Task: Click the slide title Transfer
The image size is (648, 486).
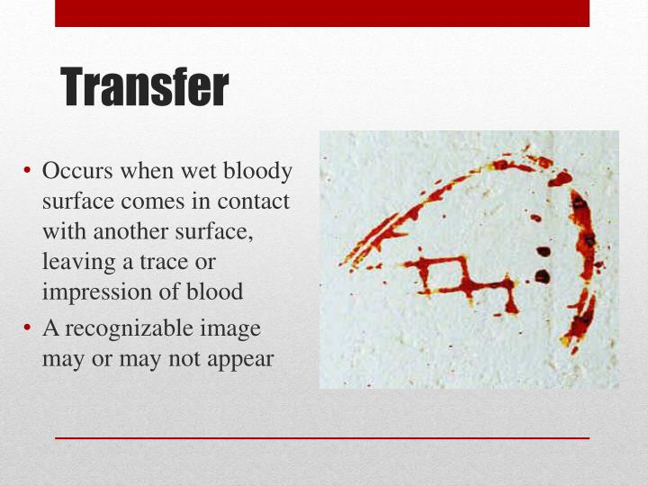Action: coord(145,87)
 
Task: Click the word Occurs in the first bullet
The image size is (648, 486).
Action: coord(73,170)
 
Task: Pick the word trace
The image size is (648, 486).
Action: coord(170,262)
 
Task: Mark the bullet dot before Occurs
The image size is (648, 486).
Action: coord(29,171)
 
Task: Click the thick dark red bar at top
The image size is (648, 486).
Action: coord(322,13)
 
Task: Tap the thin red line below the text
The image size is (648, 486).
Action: coord(322,437)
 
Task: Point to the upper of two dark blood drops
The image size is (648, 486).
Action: coord(543,252)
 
